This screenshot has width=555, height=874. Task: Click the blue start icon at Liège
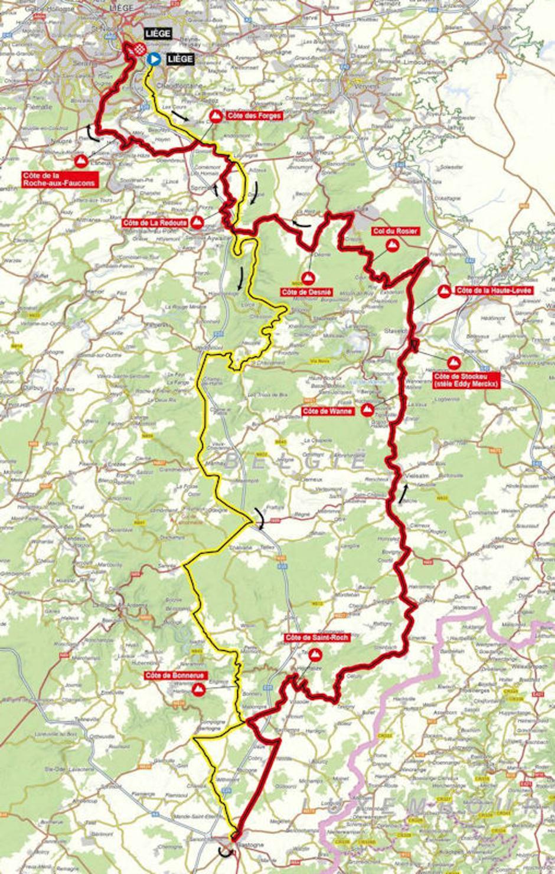click(155, 58)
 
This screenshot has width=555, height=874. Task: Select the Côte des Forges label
click(253, 116)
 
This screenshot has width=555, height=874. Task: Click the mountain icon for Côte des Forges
click(217, 116)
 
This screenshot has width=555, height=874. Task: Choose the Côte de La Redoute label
click(155, 223)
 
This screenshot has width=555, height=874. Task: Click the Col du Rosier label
click(395, 231)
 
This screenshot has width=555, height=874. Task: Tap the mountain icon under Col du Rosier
click(390, 246)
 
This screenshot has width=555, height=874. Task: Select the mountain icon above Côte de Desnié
click(308, 278)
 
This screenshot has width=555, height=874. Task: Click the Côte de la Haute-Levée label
click(493, 291)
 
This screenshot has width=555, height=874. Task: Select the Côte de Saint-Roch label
click(316, 638)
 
